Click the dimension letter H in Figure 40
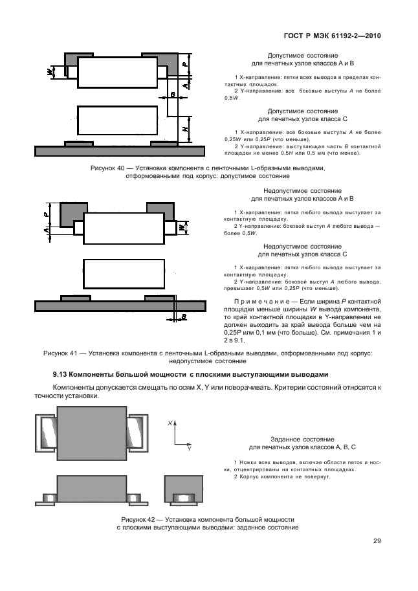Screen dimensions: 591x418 coord(186,129)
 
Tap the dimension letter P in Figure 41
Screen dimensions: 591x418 coord(47,212)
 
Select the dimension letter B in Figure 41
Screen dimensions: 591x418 coord(184,317)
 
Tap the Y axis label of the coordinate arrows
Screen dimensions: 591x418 coord(189,448)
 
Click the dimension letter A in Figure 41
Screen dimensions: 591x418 coord(47,230)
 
